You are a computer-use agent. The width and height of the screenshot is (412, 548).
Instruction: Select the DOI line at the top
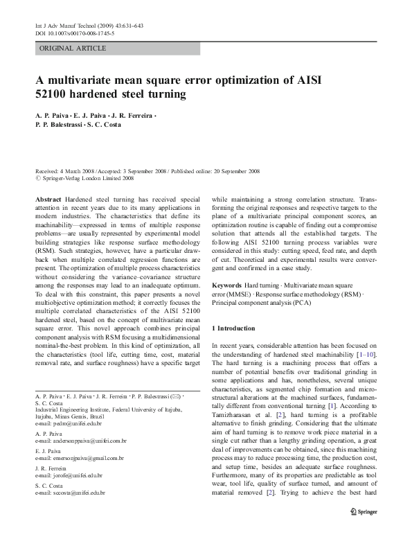tap(74, 33)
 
